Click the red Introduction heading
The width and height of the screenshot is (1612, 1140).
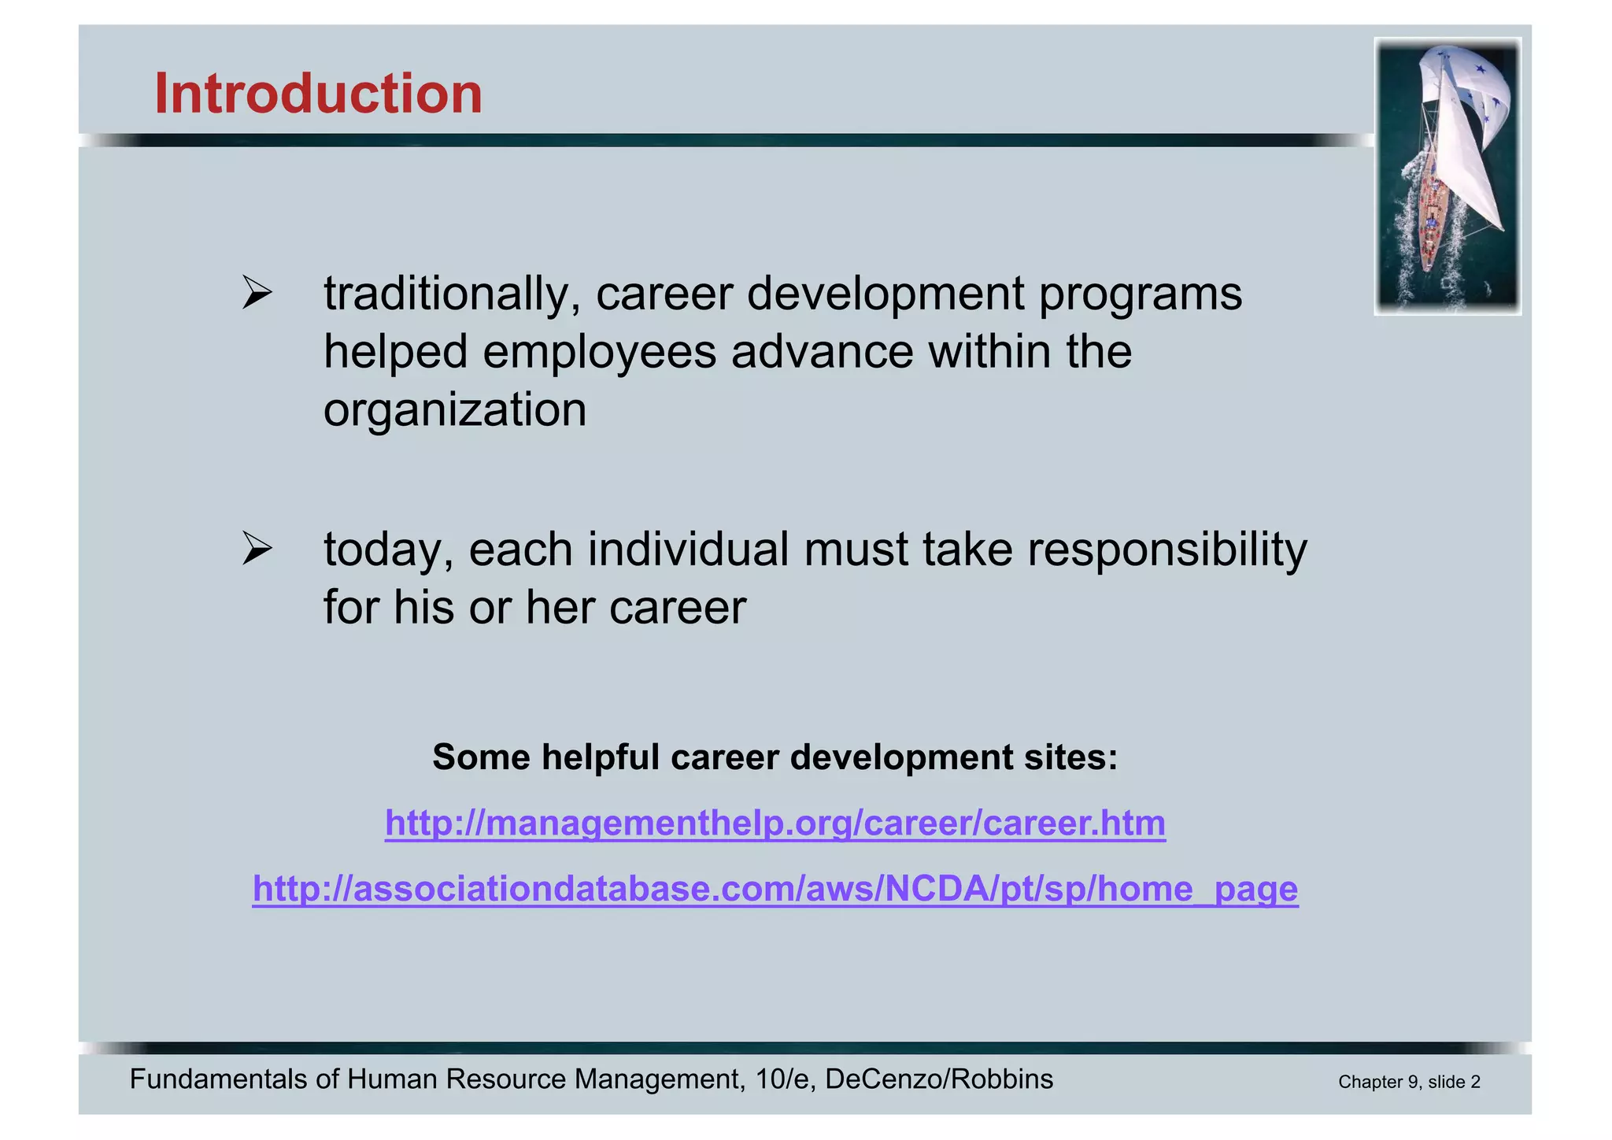318,94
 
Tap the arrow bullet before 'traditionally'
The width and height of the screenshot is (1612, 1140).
257,294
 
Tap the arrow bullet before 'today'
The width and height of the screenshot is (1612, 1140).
257,549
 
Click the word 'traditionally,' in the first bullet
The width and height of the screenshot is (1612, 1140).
452,295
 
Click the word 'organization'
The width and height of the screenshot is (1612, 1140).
455,412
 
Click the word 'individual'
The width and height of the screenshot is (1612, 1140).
688,549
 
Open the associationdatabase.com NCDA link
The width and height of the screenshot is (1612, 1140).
775,890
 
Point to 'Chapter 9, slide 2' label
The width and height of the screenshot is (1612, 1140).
1409,1083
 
